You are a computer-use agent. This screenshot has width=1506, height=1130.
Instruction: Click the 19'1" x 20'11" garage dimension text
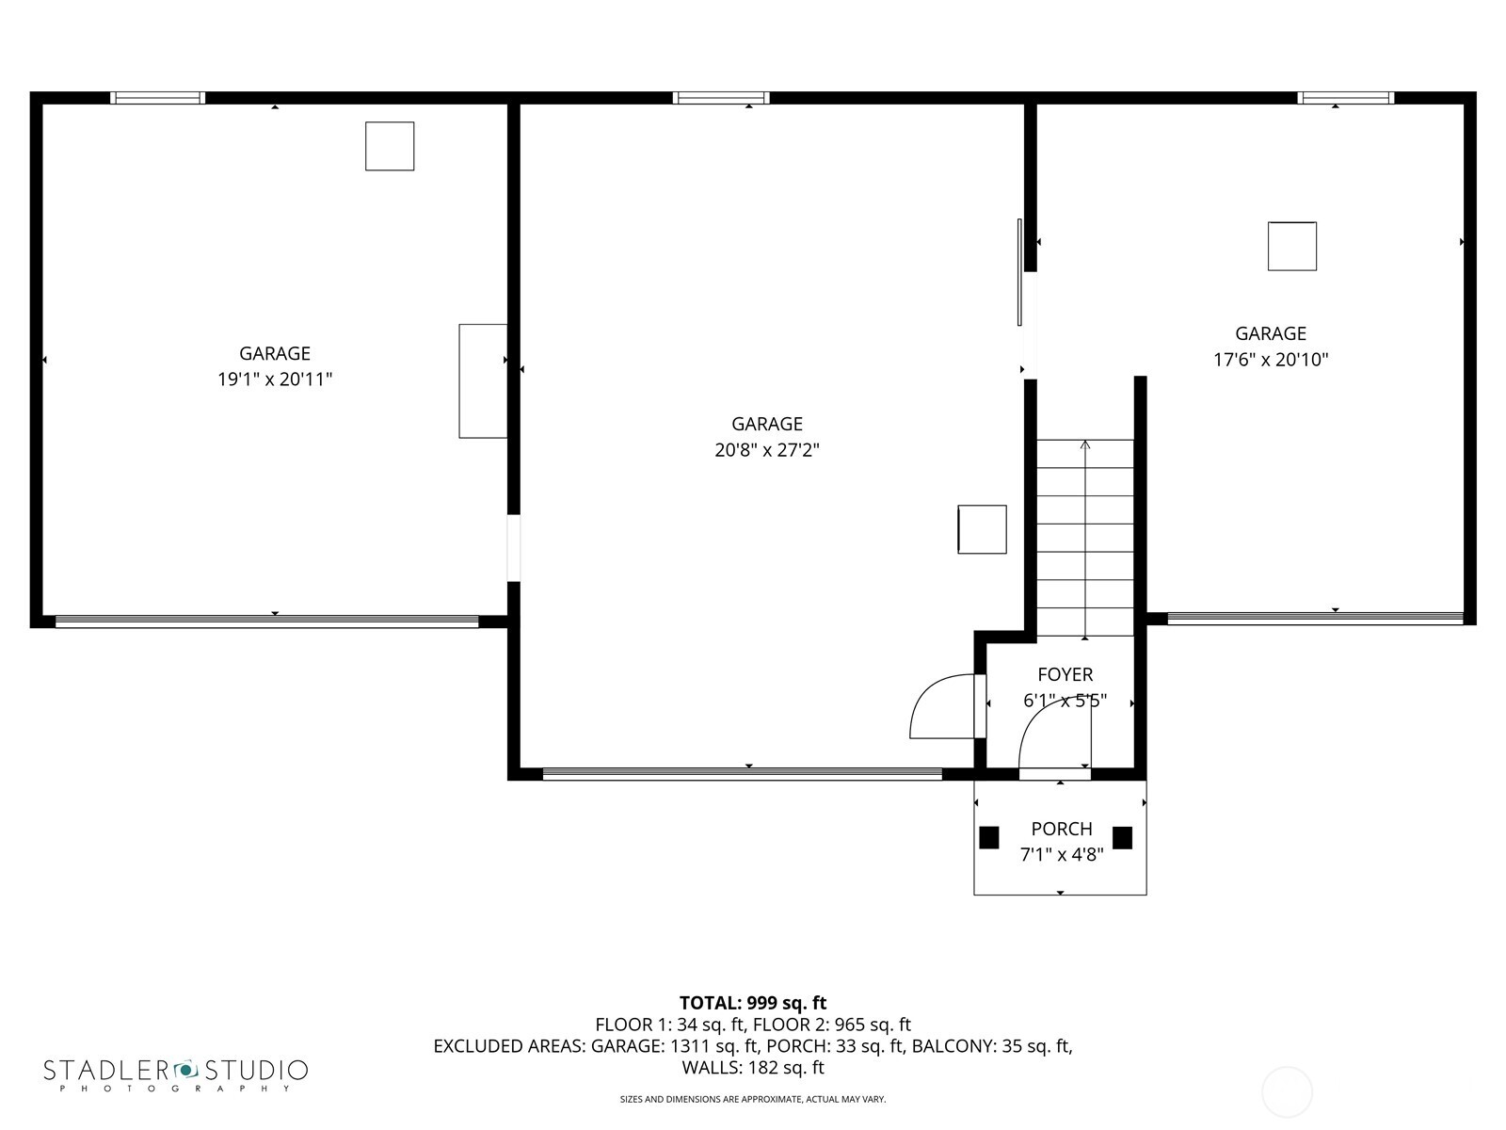(x=275, y=379)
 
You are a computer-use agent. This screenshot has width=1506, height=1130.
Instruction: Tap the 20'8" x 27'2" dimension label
(x=766, y=450)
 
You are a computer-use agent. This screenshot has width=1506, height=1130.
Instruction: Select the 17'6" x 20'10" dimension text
(x=1270, y=360)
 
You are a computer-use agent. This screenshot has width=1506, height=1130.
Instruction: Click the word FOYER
(x=1065, y=674)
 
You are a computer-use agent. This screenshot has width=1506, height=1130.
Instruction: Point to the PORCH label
(x=1061, y=829)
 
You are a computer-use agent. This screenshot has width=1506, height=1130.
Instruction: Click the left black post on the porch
(x=988, y=837)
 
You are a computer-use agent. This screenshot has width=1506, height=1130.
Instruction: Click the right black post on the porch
(x=1122, y=837)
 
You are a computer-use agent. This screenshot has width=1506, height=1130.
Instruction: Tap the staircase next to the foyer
(x=1084, y=537)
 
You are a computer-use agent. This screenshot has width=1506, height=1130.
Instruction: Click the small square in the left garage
(x=390, y=146)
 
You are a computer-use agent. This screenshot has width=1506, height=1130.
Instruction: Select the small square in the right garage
(x=1291, y=247)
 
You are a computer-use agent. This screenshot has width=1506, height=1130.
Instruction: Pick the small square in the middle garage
(x=982, y=529)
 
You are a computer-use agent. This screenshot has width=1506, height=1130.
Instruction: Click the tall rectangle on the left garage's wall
(x=483, y=380)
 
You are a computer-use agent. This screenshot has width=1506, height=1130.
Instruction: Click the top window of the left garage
(x=157, y=98)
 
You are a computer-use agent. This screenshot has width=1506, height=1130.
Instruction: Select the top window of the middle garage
(x=720, y=98)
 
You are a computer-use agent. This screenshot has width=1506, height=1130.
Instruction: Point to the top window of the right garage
(x=1345, y=98)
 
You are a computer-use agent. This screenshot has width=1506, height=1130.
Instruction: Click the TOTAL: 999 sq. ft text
(x=752, y=1003)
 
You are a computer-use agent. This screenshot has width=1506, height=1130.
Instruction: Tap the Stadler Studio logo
(x=175, y=1073)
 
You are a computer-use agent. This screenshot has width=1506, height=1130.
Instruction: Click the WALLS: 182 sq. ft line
(x=752, y=1068)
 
